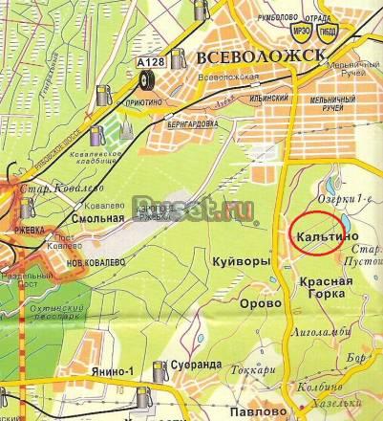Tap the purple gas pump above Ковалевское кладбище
pyautogui.click(x=103, y=95)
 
